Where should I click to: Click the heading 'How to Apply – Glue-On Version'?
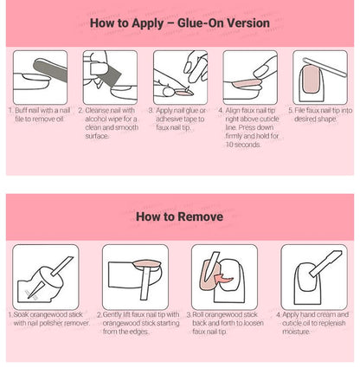(180, 23)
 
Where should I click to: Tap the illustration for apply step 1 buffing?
(39, 76)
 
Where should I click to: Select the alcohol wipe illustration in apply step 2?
(110, 76)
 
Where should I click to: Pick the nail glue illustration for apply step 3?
(180, 76)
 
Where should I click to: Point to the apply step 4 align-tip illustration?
(250, 76)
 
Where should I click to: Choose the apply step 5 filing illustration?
(319, 76)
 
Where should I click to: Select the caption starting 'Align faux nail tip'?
(251, 127)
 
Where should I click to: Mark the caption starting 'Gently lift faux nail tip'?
(138, 325)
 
